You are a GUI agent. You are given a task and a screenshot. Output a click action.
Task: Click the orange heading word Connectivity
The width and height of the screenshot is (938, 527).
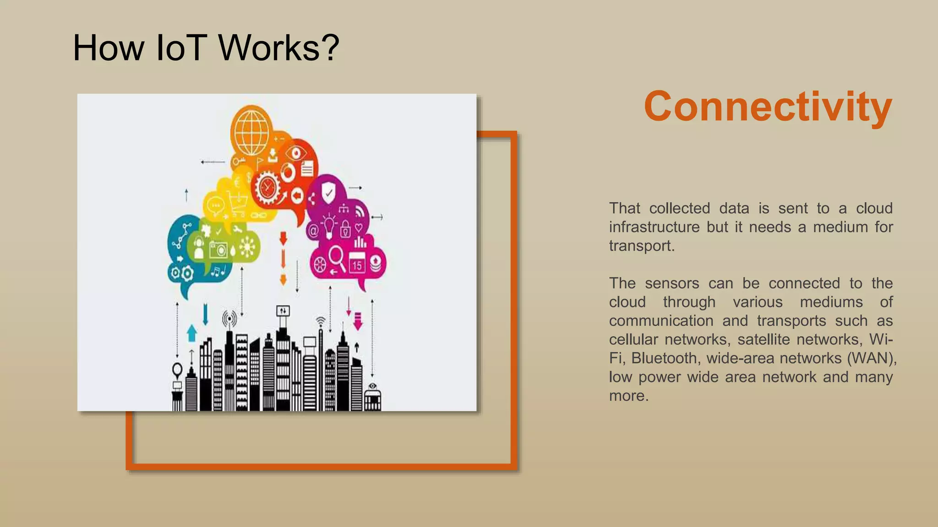pyautogui.click(x=768, y=107)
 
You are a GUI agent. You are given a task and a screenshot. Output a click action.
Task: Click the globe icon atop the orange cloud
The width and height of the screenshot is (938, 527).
pyautogui.click(x=251, y=132)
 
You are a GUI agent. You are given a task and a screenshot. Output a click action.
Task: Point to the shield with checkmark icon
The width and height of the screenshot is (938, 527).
pyautogui.click(x=328, y=193)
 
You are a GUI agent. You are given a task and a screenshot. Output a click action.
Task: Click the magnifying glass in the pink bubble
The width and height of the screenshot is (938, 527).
pyautogui.click(x=338, y=258)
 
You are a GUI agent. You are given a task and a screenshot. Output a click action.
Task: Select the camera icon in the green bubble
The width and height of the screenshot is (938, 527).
pyautogui.click(x=218, y=249)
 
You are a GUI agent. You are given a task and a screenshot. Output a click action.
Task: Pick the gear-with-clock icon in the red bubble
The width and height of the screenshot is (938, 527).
pyautogui.click(x=267, y=188)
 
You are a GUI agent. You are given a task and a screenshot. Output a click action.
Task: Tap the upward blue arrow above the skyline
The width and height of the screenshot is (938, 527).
pyautogui.click(x=192, y=333)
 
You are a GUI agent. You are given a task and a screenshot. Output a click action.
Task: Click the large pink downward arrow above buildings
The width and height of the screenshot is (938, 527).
pyautogui.click(x=358, y=322)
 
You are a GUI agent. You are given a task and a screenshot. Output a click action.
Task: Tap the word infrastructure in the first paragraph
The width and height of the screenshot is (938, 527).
pyautogui.click(x=654, y=227)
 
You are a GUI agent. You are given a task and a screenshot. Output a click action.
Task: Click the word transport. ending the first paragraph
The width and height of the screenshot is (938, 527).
pyautogui.click(x=641, y=246)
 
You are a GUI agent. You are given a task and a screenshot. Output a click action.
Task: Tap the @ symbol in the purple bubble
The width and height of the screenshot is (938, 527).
pyautogui.click(x=313, y=230)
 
